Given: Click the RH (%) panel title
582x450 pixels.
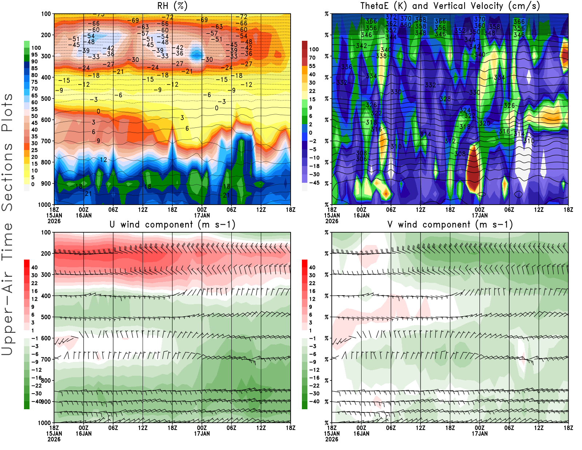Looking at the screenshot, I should pos(172,6).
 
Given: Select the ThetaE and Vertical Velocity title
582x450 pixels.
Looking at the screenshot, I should pos(450,6).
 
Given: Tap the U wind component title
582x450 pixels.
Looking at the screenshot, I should pos(172,225).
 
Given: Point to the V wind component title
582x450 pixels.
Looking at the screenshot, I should pos(450,225).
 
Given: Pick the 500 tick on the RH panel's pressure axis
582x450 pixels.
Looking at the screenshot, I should pos(46,99).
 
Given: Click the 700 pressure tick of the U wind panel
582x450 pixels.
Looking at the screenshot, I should pos(46,359).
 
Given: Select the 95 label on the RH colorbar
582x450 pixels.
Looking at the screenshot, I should pos(34,55).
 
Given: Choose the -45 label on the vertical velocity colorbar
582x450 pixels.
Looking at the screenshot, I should pos(314,183).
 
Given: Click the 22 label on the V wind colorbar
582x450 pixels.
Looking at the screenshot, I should pos(312,283).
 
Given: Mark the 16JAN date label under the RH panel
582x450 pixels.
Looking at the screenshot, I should pos(84,216).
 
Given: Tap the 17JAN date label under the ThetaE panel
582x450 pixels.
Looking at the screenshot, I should pos(480,216).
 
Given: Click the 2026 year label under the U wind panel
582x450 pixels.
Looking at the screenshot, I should pos(54,439).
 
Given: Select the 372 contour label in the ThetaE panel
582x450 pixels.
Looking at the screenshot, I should pos(391,17).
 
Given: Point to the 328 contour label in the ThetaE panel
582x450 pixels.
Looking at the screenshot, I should pos(445,99).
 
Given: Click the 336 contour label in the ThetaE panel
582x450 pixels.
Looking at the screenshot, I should pos(347,67).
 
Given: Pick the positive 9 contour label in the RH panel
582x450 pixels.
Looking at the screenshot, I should pos(98,141).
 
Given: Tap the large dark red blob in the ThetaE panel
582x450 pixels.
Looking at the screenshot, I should pos(473,169).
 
